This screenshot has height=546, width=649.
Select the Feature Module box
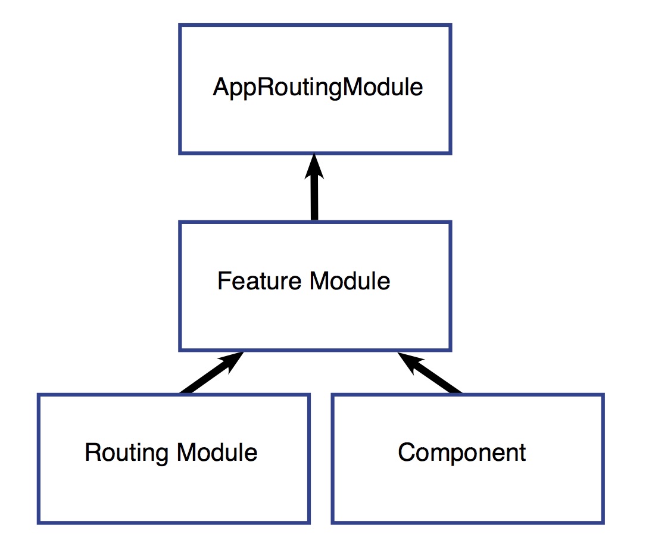pyautogui.click(x=315, y=316)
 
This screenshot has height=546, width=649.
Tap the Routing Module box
pyautogui.click(x=173, y=488)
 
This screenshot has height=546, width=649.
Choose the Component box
pyautogui.click(x=467, y=488)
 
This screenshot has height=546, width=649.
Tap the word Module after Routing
pyautogui.click(x=217, y=453)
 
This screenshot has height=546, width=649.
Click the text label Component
pyautogui.click(x=462, y=453)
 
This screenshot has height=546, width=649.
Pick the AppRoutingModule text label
pyautogui.click(x=318, y=88)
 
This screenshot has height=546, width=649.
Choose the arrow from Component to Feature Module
pyautogui.click(x=435, y=375)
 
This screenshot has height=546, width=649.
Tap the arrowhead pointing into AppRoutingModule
pyautogui.click(x=314, y=167)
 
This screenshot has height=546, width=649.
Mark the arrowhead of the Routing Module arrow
pyautogui.click(x=232, y=360)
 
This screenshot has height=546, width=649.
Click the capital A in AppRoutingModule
pyautogui.click(x=221, y=88)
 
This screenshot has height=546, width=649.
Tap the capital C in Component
pyautogui.click(x=406, y=453)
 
